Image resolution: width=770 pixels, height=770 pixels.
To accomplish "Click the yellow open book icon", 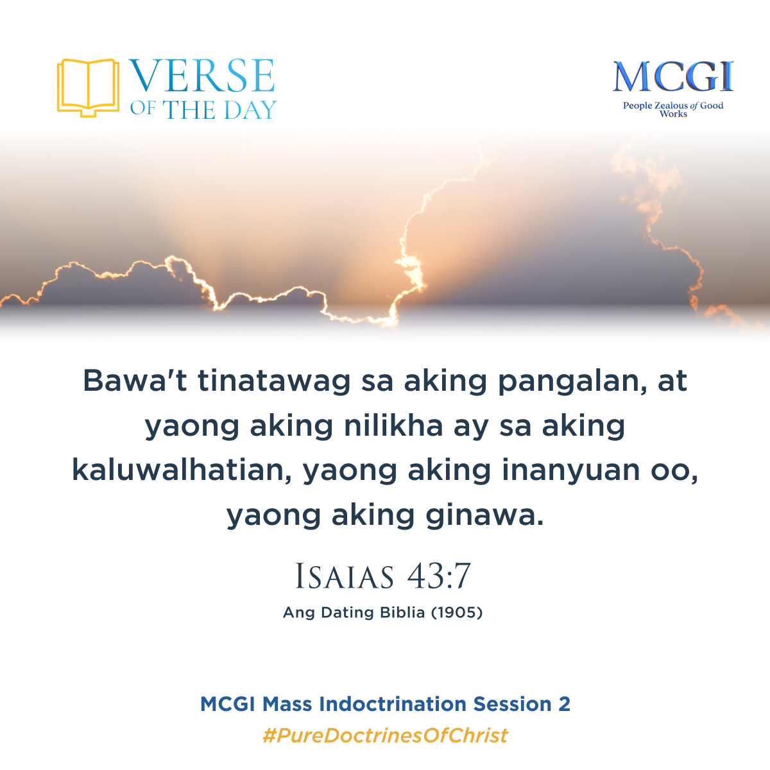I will (88, 87).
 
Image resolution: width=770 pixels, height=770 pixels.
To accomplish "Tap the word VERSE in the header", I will (202, 76).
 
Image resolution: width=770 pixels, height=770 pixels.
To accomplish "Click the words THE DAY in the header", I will (219, 110).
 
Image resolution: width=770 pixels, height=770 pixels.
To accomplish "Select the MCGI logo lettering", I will (672, 78).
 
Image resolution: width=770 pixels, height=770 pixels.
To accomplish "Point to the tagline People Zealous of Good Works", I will (672, 109).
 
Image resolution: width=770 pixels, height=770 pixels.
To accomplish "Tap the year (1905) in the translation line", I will (456, 613).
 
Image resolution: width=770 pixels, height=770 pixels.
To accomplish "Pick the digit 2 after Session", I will (564, 704).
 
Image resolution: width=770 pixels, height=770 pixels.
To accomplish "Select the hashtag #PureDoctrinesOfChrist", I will (385, 735).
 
